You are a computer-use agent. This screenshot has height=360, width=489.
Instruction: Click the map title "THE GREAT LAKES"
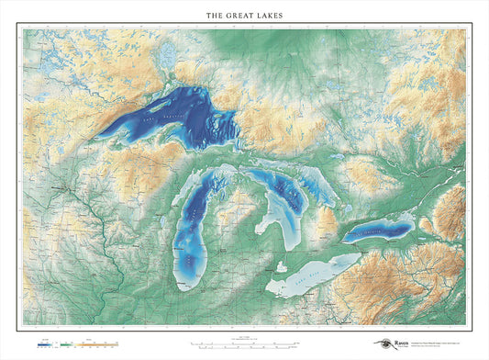[244, 16]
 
